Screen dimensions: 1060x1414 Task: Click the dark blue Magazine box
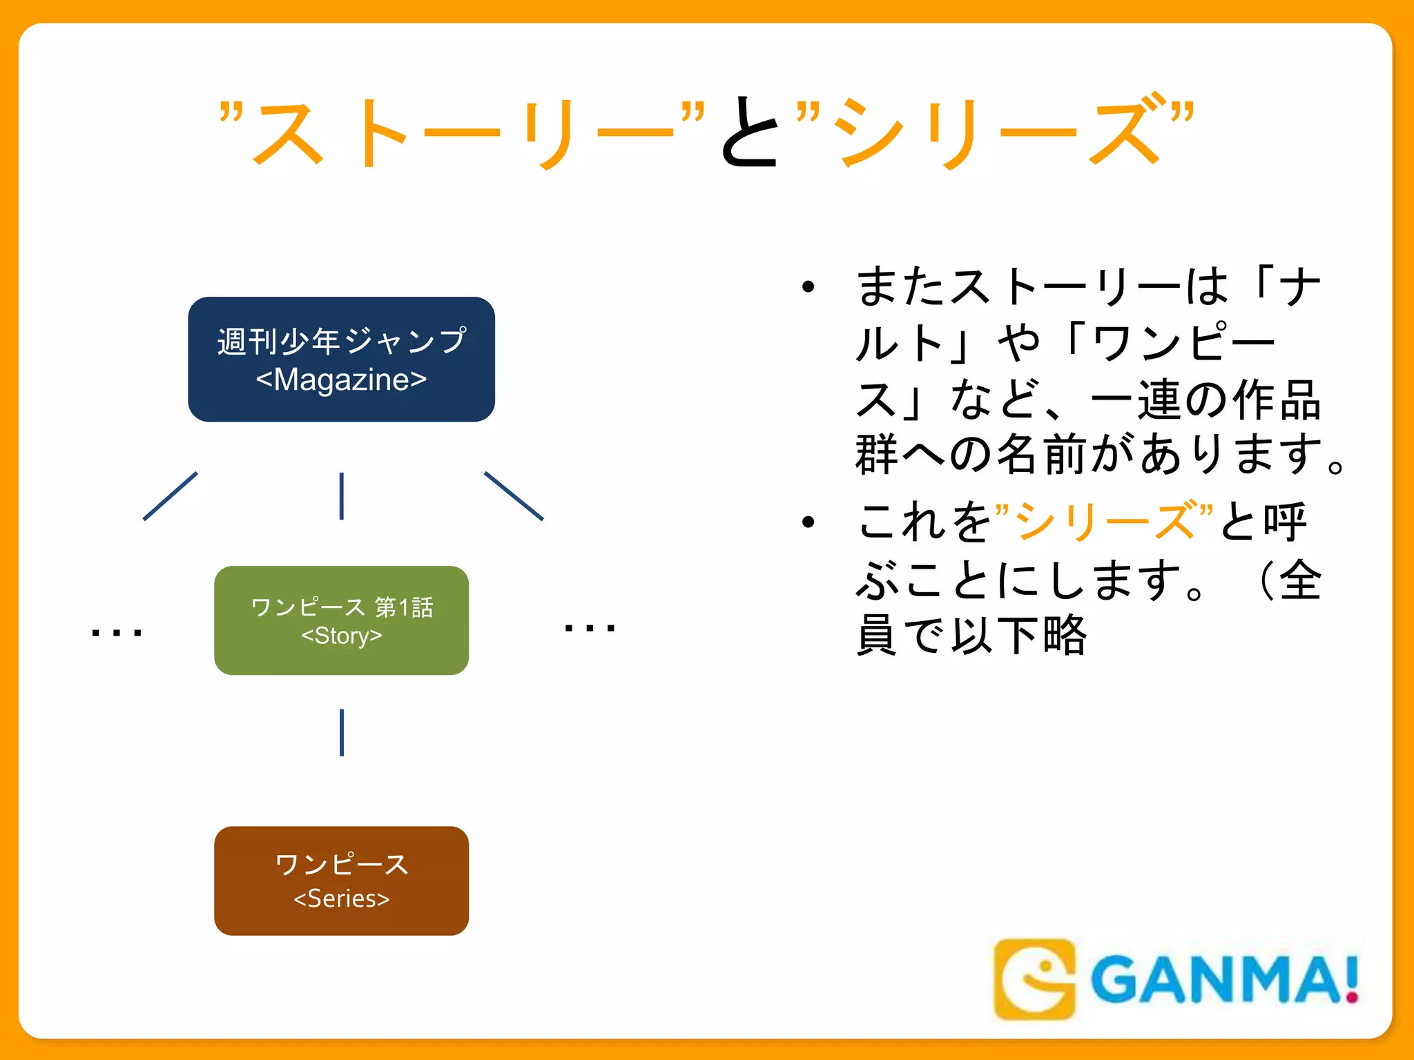(341, 359)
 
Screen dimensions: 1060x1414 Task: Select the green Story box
(341, 620)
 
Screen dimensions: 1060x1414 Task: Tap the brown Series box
(341, 881)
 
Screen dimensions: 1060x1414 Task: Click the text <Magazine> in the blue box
(341, 380)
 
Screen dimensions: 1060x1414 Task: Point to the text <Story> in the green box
(341, 636)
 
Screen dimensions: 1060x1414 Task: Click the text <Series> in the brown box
(341, 899)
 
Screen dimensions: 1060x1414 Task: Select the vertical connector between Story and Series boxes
(342, 732)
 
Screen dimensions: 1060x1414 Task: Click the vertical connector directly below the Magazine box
(342, 495)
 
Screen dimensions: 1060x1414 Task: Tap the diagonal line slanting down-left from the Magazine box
(170, 496)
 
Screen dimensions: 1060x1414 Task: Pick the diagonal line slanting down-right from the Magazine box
(514, 495)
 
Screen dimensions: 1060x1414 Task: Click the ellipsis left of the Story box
(116, 632)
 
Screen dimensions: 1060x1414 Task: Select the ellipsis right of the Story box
(589, 628)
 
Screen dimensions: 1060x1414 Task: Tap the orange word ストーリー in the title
(463, 132)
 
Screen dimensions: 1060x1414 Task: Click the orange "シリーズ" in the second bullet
(1105, 521)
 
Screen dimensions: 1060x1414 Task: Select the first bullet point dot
(808, 287)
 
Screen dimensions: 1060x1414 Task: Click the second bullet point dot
(808, 522)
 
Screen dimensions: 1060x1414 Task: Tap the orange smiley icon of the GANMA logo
(1034, 979)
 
